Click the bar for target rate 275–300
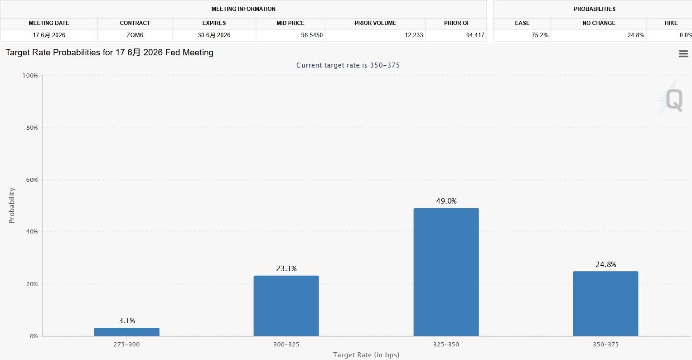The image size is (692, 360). [x=126, y=332]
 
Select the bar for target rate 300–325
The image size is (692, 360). [x=286, y=306]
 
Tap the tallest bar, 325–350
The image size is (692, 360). [x=446, y=272]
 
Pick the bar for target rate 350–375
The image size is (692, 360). [x=605, y=304]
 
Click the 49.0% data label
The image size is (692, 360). [x=446, y=201]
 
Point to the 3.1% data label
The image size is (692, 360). [x=127, y=321]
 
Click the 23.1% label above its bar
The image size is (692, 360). [x=286, y=268]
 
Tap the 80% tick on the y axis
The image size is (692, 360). [x=32, y=127]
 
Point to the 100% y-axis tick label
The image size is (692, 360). [x=30, y=75]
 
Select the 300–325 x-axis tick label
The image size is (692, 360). [x=286, y=344]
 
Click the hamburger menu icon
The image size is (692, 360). [x=683, y=54]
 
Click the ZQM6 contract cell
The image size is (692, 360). [x=135, y=35]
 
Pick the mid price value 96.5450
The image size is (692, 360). [x=312, y=35]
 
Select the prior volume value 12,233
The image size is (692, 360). [x=414, y=35]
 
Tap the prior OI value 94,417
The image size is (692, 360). [x=475, y=35]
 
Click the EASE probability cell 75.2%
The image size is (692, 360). [x=540, y=35]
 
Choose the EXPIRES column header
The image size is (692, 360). [x=214, y=23]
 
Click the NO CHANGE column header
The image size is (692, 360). [x=599, y=23]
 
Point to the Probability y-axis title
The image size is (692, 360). [x=11, y=205]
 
